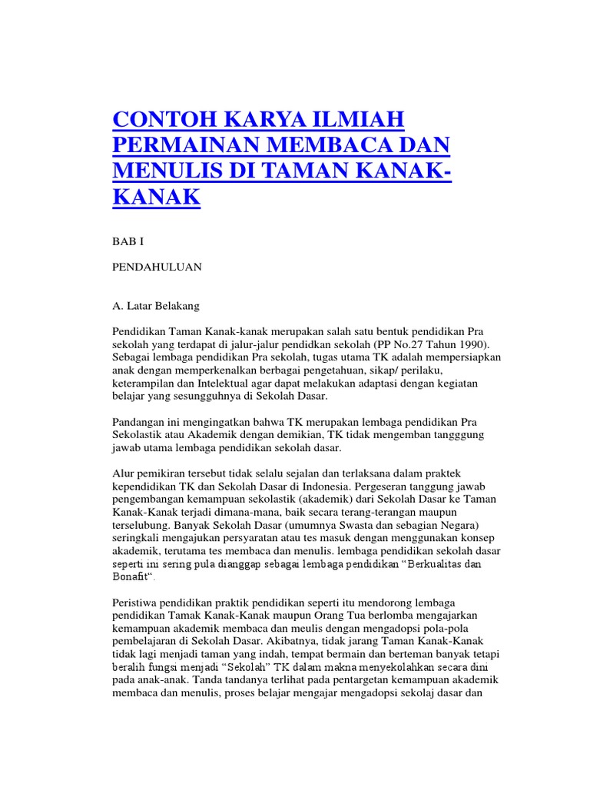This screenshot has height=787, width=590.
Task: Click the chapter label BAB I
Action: pos(128,241)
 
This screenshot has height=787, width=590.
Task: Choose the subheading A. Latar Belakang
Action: pos(156,306)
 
